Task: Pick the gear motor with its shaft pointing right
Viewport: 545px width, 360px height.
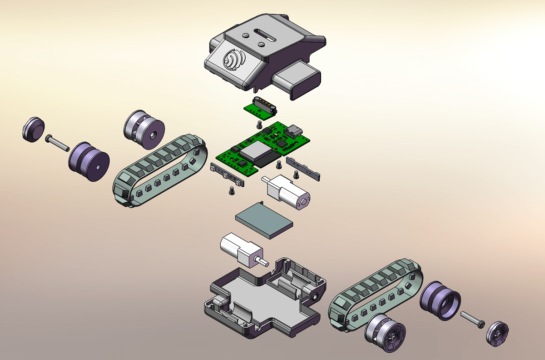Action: click(241, 251)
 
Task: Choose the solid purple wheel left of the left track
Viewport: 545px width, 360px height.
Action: click(89, 162)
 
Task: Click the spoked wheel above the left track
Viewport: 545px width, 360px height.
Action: click(144, 129)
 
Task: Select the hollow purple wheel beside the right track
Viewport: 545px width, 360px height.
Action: click(440, 300)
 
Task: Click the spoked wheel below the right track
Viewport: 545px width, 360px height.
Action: click(384, 334)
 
